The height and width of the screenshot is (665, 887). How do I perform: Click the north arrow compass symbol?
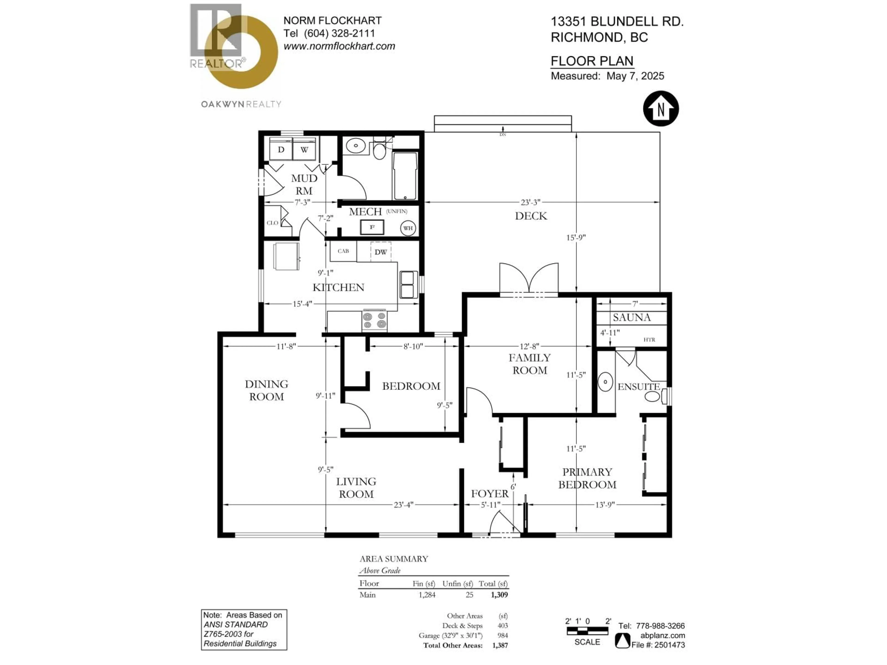pyautogui.click(x=661, y=109)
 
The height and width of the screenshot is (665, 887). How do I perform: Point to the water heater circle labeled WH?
pyautogui.click(x=408, y=228)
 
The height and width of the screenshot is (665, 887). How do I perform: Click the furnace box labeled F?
pyautogui.click(x=372, y=227)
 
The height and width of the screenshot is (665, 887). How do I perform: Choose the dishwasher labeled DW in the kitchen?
pyautogui.click(x=380, y=252)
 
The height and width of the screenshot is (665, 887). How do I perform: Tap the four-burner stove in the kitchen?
pyautogui.click(x=374, y=321)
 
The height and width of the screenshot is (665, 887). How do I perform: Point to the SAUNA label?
pyautogui.click(x=632, y=317)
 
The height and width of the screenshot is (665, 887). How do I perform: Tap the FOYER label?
pyautogui.click(x=490, y=493)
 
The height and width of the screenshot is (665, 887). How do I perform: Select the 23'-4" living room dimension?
pyautogui.click(x=403, y=505)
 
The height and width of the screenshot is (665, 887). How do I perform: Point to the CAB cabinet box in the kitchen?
pyautogui.click(x=343, y=251)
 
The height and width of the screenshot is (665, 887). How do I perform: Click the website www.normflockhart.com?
pyautogui.click(x=339, y=46)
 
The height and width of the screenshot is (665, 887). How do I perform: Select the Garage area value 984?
pyautogui.click(x=502, y=635)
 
